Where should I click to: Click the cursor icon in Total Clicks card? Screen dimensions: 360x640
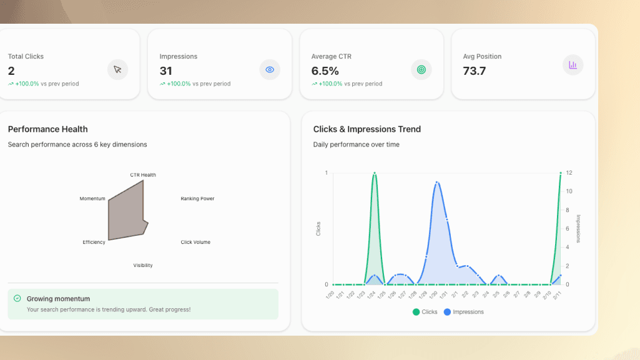(x=117, y=70)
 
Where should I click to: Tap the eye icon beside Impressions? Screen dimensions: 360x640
(x=270, y=70)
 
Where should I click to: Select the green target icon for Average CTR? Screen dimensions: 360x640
(x=421, y=70)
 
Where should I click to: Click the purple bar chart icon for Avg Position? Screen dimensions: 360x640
(x=573, y=65)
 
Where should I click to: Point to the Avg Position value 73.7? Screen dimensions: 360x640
(x=475, y=71)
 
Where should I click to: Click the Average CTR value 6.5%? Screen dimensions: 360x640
(x=325, y=71)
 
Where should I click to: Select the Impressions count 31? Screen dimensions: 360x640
(x=165, y=71)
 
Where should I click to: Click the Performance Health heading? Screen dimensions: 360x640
(x=47, y=129)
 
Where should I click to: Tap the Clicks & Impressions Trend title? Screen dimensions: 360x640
(x=367, y=129)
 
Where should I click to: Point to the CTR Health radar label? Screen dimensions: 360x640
(x=143, y=175)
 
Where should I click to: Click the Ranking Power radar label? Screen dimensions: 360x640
(x=197, y=199)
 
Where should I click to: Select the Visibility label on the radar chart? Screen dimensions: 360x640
(x=143, y=266)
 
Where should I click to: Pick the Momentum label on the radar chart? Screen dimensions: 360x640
(x=92, y=199)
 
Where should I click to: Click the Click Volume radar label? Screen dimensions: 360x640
(x=195, y=242)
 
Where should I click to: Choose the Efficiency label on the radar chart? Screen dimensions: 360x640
(x=94, y=242)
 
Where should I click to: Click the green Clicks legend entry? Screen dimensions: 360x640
(x=425, y=312)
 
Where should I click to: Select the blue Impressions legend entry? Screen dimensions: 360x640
(x=464, y=312)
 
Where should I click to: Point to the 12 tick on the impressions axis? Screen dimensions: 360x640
(x=569, y=173)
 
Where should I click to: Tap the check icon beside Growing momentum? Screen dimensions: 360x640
(x=17, y=299)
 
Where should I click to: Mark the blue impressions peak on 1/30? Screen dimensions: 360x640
(x=437, y=182)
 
